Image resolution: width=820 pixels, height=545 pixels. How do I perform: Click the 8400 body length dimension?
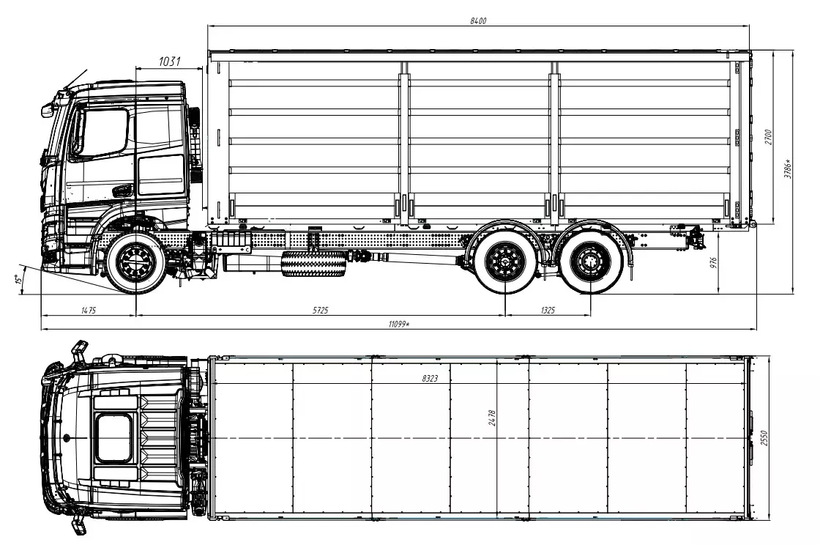pos(478,21)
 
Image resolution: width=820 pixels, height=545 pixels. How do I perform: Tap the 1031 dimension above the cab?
pos(169,62)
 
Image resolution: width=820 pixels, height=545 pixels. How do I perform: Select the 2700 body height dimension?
pos(768,137)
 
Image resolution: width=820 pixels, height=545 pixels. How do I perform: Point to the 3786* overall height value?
pos(788,169)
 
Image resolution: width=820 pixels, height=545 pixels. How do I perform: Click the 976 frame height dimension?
pos(713,262)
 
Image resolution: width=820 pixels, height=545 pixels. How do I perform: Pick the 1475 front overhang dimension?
pos(89,310)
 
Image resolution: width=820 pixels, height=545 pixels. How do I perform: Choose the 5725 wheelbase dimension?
pos(320,310)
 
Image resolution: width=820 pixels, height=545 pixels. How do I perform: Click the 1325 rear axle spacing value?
pos(548,310)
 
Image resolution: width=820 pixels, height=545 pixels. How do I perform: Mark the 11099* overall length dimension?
pos(398,325)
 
